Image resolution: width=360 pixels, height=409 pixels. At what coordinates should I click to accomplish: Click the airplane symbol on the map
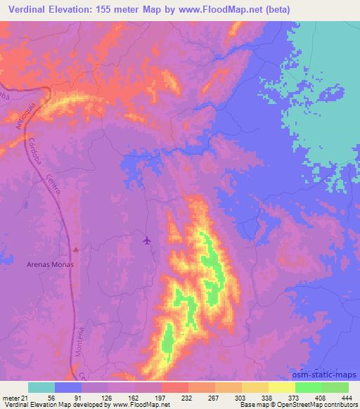147,241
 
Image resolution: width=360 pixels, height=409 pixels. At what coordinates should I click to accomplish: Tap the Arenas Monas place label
50,265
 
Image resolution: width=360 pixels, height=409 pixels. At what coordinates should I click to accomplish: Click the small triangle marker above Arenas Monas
77,249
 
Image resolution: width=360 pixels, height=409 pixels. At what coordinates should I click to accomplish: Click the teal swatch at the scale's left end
41,387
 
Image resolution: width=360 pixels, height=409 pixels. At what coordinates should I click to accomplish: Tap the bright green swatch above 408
308,387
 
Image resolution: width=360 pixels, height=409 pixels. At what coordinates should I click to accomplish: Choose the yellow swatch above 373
281,387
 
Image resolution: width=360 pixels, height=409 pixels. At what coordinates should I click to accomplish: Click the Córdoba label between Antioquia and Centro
36,151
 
